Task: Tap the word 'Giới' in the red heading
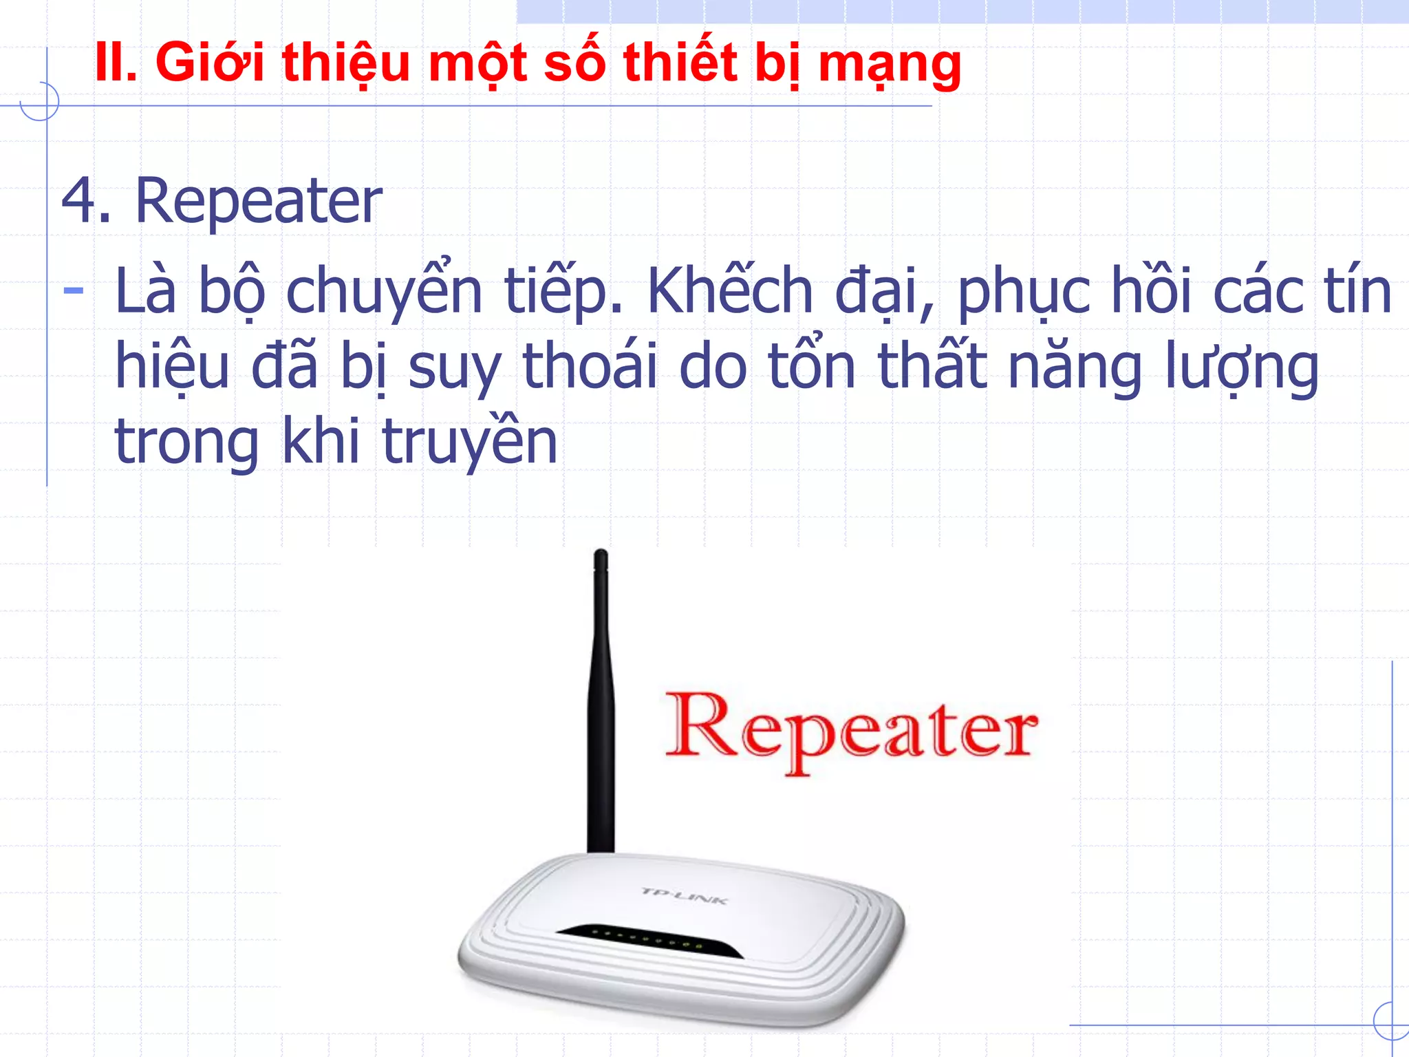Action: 210,63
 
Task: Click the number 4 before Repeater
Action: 79,200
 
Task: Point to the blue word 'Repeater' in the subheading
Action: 258,202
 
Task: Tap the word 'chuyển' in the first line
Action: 384,291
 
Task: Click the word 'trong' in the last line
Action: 186,442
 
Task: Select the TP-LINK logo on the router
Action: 683,895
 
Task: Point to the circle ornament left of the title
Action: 40,102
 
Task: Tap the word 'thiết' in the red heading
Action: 680,63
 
